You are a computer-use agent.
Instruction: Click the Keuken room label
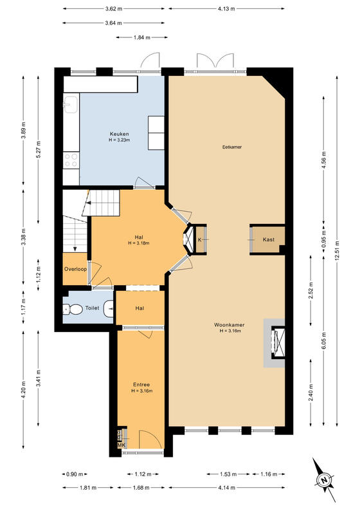pos(120,134)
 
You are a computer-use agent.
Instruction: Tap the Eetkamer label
pos(232,147)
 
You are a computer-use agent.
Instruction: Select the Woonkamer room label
pos(230,325)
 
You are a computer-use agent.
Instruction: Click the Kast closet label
pos(269,239)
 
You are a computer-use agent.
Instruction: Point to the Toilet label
pos(92,308)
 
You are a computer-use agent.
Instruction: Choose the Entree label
pos(141,385)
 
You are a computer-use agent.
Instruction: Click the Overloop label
pos(75,269)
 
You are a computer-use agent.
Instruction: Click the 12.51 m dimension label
pos(337,250)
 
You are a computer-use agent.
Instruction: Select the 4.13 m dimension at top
pos(226,9)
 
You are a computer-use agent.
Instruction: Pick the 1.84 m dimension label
pos(141,37)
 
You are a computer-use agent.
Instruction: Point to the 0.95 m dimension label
pos(324,239)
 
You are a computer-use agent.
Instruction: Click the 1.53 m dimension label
pos(228,474)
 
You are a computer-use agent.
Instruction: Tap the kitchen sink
pos(71,103)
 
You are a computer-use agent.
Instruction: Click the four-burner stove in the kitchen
pos(71,160)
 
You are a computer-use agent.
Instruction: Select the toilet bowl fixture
pos(72,310)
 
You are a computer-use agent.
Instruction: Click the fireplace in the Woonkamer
pos(278,343)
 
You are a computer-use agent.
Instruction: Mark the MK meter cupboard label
pos(121,445)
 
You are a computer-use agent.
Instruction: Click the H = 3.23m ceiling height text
pos(120,140)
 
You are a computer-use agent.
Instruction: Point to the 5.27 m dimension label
pos(39,150)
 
